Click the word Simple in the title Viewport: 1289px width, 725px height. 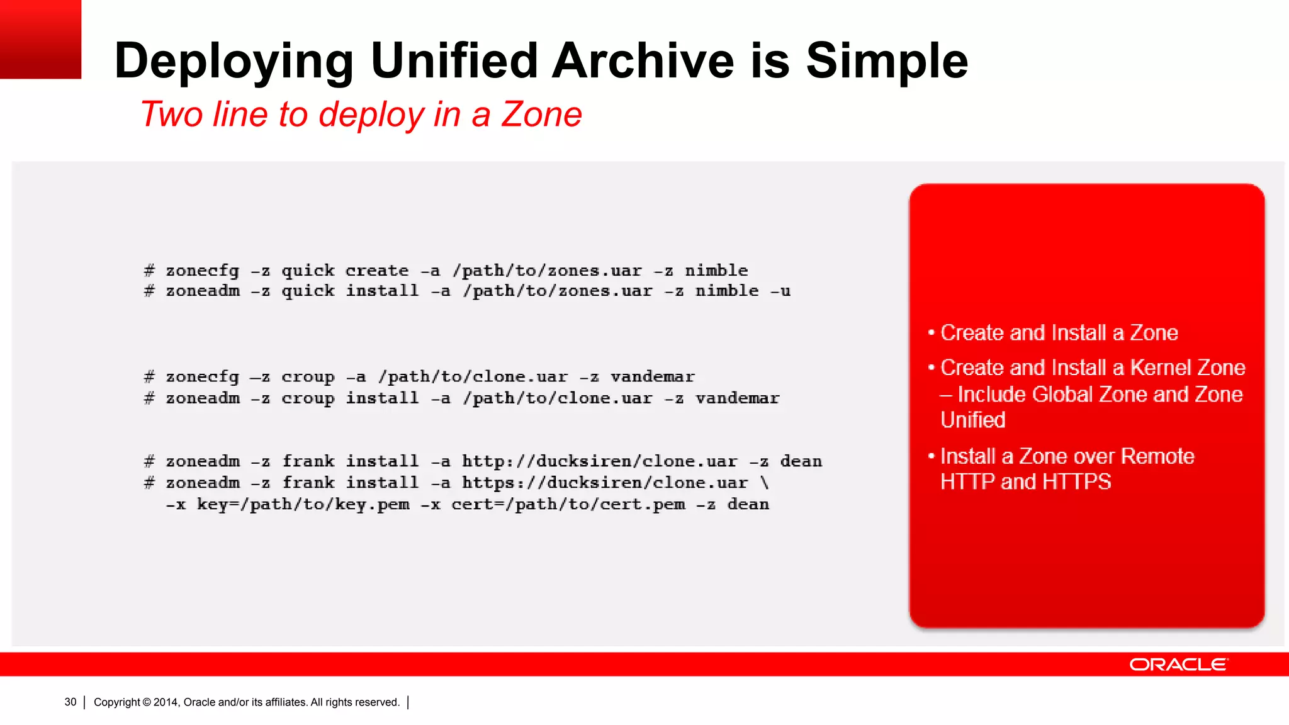[887, 61]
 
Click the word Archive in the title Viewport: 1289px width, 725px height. [643, 61]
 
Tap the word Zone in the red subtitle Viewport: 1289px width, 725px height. [541, 115]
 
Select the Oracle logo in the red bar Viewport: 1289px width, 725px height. [1178, 665]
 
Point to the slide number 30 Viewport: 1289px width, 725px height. [70, 702]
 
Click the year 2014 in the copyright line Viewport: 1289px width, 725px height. [166, 702]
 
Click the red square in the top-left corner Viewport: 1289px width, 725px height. [40, 39]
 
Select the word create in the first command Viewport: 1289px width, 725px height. [377, 271]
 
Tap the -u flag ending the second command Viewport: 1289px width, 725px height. [780, 291]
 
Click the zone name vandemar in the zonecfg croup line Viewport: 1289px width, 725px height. [653, 376]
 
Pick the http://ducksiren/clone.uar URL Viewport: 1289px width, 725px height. [599, 461]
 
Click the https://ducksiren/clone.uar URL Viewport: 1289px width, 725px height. [604, 483]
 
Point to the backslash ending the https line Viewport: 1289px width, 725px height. [765, 483]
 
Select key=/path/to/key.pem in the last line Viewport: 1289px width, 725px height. [303, 504]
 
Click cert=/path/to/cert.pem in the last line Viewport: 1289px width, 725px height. [568, 504]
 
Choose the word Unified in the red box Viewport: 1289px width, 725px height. [972, 420]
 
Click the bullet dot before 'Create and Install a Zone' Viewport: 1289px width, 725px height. [932, 332]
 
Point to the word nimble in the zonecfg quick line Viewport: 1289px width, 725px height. [716, 271]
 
